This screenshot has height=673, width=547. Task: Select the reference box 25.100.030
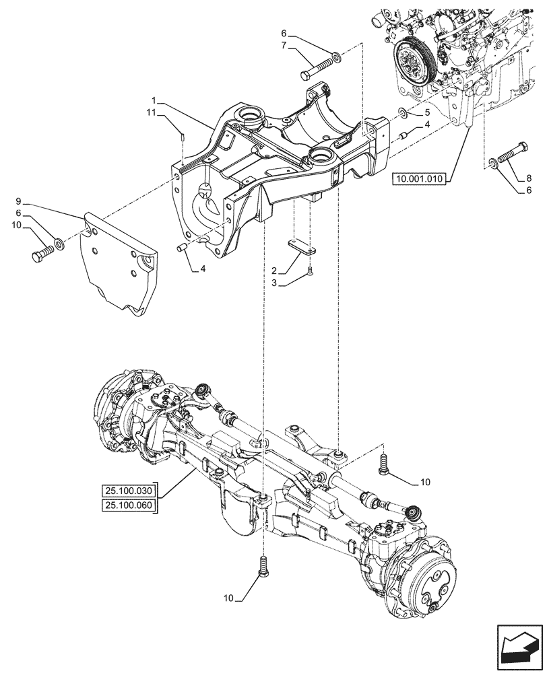(x=129, y=491)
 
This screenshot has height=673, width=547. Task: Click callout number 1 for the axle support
(x=156, y=99)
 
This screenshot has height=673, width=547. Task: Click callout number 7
(x=284, y=44)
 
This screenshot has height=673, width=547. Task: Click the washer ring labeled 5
(x=401, y=112)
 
